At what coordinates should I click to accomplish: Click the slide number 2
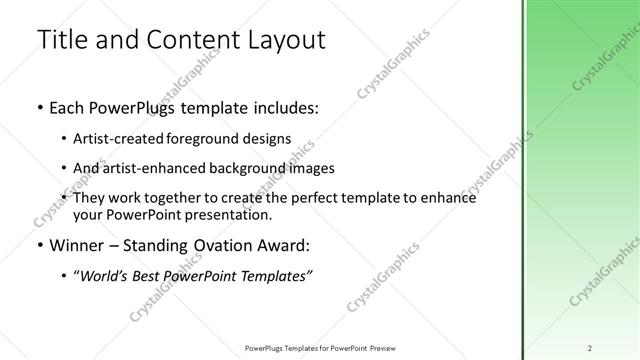[590, 347]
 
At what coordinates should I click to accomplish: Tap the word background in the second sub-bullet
[231, 168]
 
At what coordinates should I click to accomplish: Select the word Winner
[76, 245]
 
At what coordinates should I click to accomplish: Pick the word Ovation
[219, 245]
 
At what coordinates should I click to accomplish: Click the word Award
[285, 245]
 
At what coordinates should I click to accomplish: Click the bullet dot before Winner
[39, 245]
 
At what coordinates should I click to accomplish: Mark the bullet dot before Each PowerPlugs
[39, 106]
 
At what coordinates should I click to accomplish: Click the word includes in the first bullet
[285, 106]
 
